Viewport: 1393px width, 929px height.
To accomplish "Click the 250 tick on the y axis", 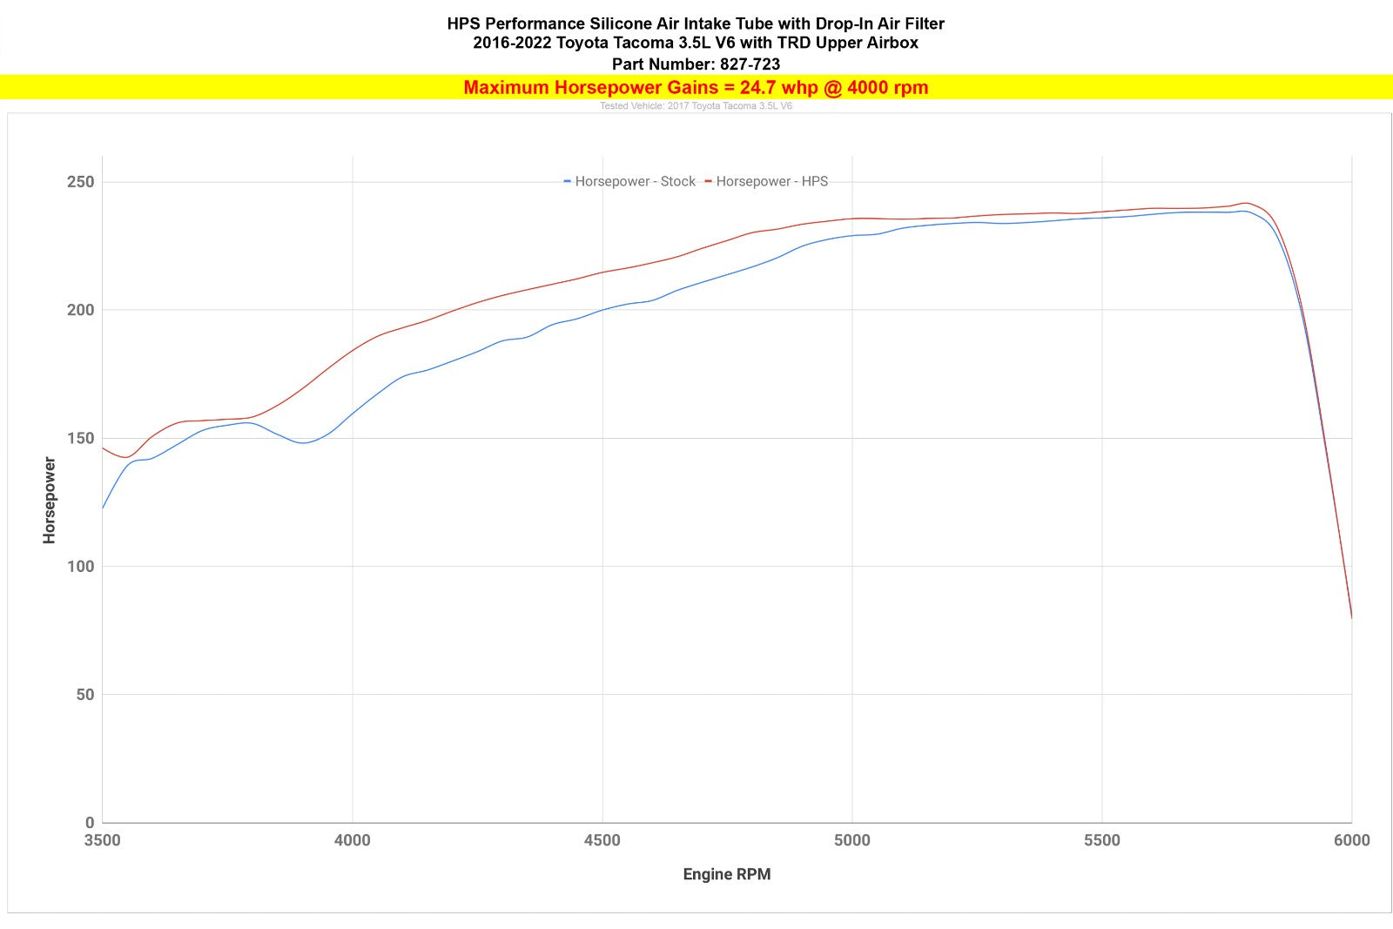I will click(80, 182).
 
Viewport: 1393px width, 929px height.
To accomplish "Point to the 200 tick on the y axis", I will click(80, 310).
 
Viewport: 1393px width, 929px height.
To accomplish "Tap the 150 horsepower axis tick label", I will click(80, 438).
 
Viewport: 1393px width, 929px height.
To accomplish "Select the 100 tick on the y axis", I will click(80, 566).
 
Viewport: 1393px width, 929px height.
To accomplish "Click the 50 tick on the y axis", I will click(84, 695).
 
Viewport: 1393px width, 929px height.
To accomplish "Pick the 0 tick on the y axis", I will click(90, 822).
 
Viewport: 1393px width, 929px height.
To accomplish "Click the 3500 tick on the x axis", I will click(103, 840).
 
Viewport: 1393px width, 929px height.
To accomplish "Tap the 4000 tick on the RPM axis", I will click(353, 840).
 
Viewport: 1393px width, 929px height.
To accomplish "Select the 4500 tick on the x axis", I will click(602, 840).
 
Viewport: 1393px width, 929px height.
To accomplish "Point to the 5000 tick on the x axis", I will click(852, 840).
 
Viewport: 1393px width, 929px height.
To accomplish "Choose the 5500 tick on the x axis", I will click(1102, 840).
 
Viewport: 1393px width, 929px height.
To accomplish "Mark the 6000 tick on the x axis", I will click(1351, 840).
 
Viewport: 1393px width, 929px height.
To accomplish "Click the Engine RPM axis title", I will click(727, 874).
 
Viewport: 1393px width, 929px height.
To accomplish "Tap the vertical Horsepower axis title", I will click(50, 501).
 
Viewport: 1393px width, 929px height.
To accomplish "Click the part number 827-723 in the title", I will click(750, 64).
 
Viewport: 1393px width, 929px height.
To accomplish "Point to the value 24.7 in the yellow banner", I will click(757, 87).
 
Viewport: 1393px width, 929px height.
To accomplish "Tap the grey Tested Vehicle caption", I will click(696, 106).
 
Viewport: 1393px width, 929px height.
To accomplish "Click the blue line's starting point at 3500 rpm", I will click(103, 508).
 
